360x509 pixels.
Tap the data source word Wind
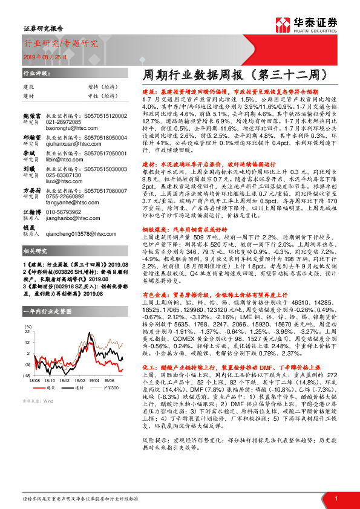pos(48,417)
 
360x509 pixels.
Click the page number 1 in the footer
pos(336,498)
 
